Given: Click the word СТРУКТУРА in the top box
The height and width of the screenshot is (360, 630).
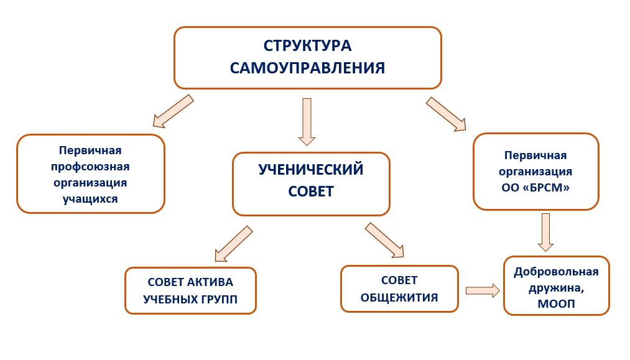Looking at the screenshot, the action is tap(307, 46).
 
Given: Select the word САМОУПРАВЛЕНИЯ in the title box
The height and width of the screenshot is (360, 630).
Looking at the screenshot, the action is tap(307, 68).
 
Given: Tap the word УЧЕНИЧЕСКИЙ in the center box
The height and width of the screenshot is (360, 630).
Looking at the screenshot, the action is tap(311, 170).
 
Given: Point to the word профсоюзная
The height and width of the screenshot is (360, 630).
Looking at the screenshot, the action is tap(90, 167).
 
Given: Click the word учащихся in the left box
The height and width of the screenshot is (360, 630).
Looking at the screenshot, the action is tap(90, 199).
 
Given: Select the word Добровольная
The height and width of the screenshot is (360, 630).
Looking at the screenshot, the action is tap(556, 272).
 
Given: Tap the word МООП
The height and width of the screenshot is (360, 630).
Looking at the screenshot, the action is tap(556, 304).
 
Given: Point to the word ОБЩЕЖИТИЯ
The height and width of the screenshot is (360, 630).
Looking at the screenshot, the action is tap(399, 298).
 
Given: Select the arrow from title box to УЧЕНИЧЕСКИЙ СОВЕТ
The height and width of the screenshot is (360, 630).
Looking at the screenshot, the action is tap(307, 122).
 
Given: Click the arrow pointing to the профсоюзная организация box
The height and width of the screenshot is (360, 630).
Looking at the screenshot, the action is tap(173, 111).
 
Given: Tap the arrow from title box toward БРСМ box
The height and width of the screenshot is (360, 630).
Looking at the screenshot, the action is tap(446, 114).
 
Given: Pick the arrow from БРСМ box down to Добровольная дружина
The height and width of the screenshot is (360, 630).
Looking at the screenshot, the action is tap(545, 233).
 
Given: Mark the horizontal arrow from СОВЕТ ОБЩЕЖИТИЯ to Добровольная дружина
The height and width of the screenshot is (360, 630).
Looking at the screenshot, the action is tap(483, 290).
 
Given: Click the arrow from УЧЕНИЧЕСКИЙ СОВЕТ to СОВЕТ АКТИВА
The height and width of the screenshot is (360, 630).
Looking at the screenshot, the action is tap(233, 244).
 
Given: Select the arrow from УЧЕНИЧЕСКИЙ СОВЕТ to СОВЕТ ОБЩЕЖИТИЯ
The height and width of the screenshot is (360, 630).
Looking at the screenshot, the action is tap(384, 240).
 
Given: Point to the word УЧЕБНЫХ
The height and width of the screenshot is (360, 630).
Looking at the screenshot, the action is tap(169, 299).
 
